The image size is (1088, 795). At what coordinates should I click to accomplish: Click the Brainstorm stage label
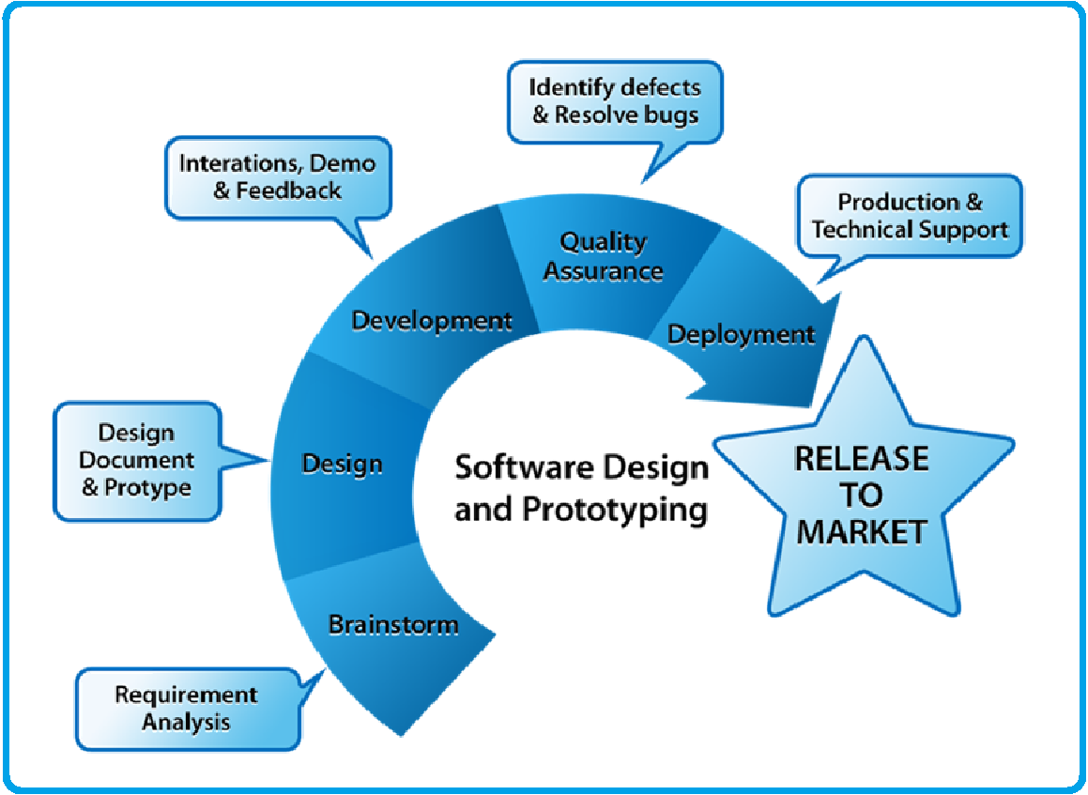393,624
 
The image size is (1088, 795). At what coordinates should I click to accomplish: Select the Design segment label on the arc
342,464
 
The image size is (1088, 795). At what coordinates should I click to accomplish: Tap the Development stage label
432,321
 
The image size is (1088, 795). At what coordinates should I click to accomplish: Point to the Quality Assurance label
604,256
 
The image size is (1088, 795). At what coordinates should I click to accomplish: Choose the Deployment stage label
741,334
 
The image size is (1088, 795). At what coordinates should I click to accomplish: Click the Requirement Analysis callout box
186,709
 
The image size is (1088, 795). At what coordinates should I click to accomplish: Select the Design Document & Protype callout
137,461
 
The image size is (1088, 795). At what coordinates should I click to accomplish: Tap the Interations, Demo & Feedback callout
277,176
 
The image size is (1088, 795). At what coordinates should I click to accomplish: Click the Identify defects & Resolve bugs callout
615,101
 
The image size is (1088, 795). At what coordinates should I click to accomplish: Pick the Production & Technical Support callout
910,216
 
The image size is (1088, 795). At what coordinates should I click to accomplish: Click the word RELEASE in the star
861,458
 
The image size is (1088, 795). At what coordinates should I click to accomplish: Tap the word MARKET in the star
861,532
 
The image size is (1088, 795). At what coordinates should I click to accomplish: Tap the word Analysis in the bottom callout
186,723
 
